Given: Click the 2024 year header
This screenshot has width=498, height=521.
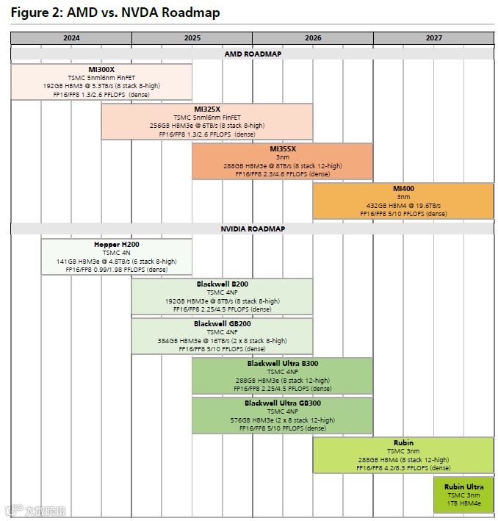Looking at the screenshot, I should point(71,37).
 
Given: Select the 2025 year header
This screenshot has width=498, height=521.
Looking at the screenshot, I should point(192,37).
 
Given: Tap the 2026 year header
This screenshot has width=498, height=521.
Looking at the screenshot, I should point(313,37).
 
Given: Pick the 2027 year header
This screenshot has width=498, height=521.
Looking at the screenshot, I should point(433,37).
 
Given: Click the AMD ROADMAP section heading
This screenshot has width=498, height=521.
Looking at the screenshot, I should point(253,54).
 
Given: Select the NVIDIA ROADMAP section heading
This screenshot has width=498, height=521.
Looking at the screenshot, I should point(253,229).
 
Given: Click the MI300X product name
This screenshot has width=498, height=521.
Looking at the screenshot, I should point(101,70).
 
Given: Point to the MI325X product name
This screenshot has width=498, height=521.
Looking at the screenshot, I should point(207,109).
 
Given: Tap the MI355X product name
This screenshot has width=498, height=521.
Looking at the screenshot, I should point(283,148).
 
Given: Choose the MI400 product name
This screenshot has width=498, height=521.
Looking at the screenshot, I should point(403,188).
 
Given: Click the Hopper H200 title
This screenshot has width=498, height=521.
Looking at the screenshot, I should point(116,244).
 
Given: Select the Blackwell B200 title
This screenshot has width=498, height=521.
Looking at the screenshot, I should point(222,284).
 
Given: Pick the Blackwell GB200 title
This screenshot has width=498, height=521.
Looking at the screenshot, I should point(222,323).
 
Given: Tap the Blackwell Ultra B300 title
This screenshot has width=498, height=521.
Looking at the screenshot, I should point(283,363).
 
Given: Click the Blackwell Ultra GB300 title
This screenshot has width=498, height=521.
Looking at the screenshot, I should point(283,403).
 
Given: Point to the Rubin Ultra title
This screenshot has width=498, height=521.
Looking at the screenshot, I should point(463,486).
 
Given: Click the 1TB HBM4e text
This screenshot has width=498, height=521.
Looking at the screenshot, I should point(463,504).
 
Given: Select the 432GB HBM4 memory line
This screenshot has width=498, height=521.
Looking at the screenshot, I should point(403,206).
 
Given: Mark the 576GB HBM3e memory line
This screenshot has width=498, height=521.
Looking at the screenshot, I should point(283,420).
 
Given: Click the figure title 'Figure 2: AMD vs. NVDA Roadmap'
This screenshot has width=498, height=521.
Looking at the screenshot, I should point(115,12).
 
